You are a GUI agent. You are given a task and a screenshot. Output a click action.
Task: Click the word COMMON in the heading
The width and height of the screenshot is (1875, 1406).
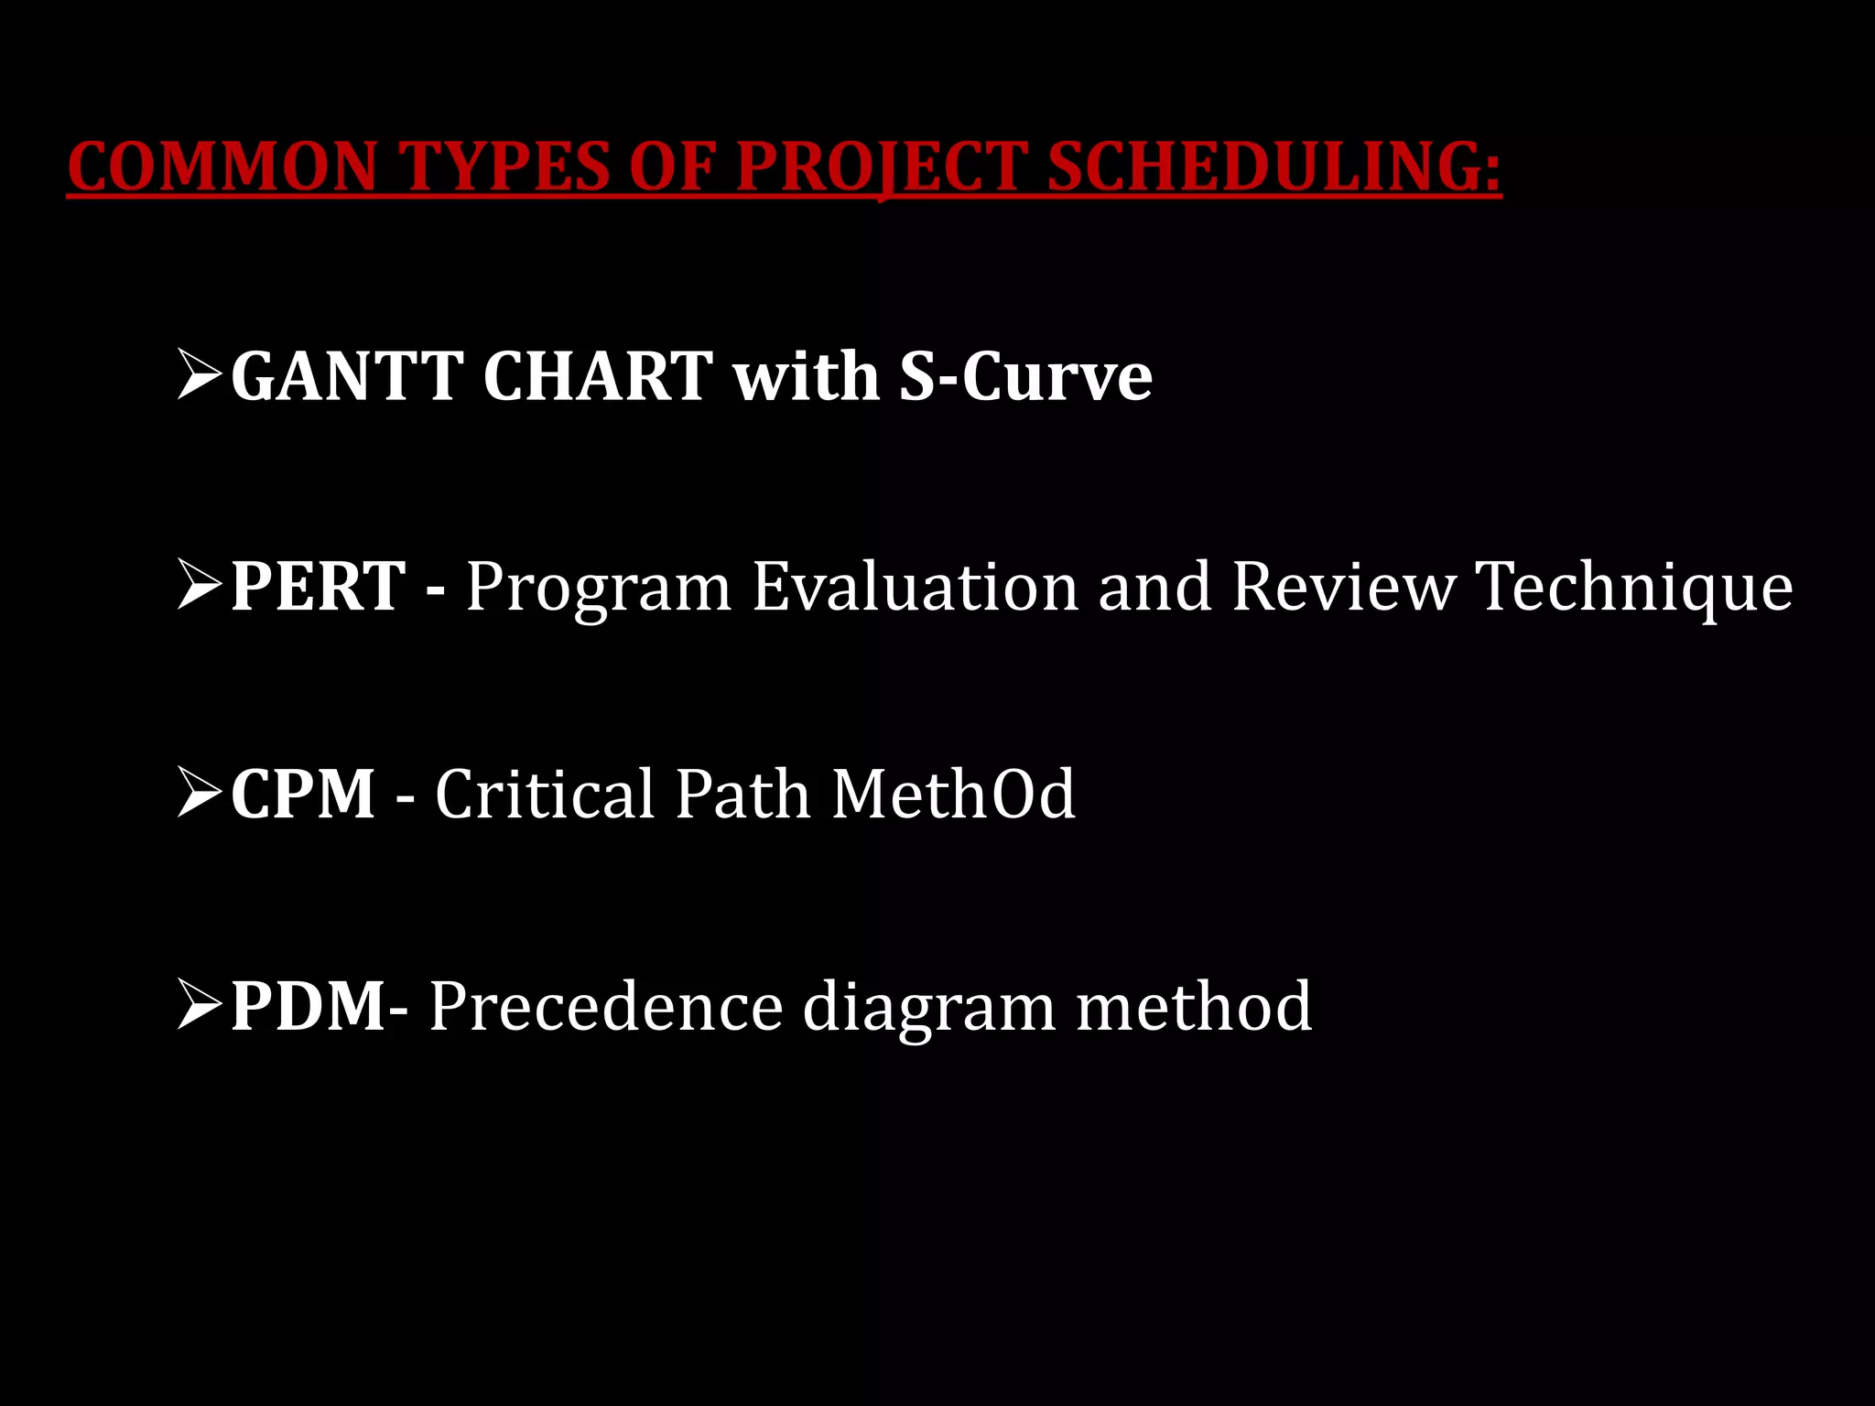pyautogui.click(x=222, y=168)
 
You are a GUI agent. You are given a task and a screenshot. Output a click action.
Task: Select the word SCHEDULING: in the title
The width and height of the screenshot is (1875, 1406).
pyautogui.click(x=1273, y=168)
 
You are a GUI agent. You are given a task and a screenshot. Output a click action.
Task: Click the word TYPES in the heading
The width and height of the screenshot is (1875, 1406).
pyautogui.click(x=506, y=168)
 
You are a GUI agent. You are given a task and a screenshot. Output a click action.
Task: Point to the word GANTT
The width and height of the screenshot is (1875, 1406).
pyautogui.click(x=347, y=376)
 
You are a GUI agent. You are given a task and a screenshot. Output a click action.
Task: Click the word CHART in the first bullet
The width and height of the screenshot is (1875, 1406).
pyautogui.click(x=597, y=376)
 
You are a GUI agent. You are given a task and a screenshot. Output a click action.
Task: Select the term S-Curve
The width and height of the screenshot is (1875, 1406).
pyautogui.click(x=1024, y=376)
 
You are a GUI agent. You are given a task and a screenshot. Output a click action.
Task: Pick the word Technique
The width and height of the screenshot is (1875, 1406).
pyautogui.click(x=1634, y=588)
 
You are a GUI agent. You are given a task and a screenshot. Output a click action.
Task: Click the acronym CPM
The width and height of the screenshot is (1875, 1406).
pyautogui.click(x=303, y=794)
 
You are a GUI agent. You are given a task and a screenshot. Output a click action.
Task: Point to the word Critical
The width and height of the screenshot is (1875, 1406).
pyautogui.click(x=545, y=794)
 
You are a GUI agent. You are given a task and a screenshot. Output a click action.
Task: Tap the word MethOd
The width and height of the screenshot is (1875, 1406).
pyautogui.click(x=953, y=794)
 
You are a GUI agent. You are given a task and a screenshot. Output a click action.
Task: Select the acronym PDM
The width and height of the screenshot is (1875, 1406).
pyautogui.click(x=309, y=1006)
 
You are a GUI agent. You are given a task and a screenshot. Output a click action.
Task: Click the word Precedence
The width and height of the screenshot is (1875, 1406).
pyautogui.click(x=605, y=1006)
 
